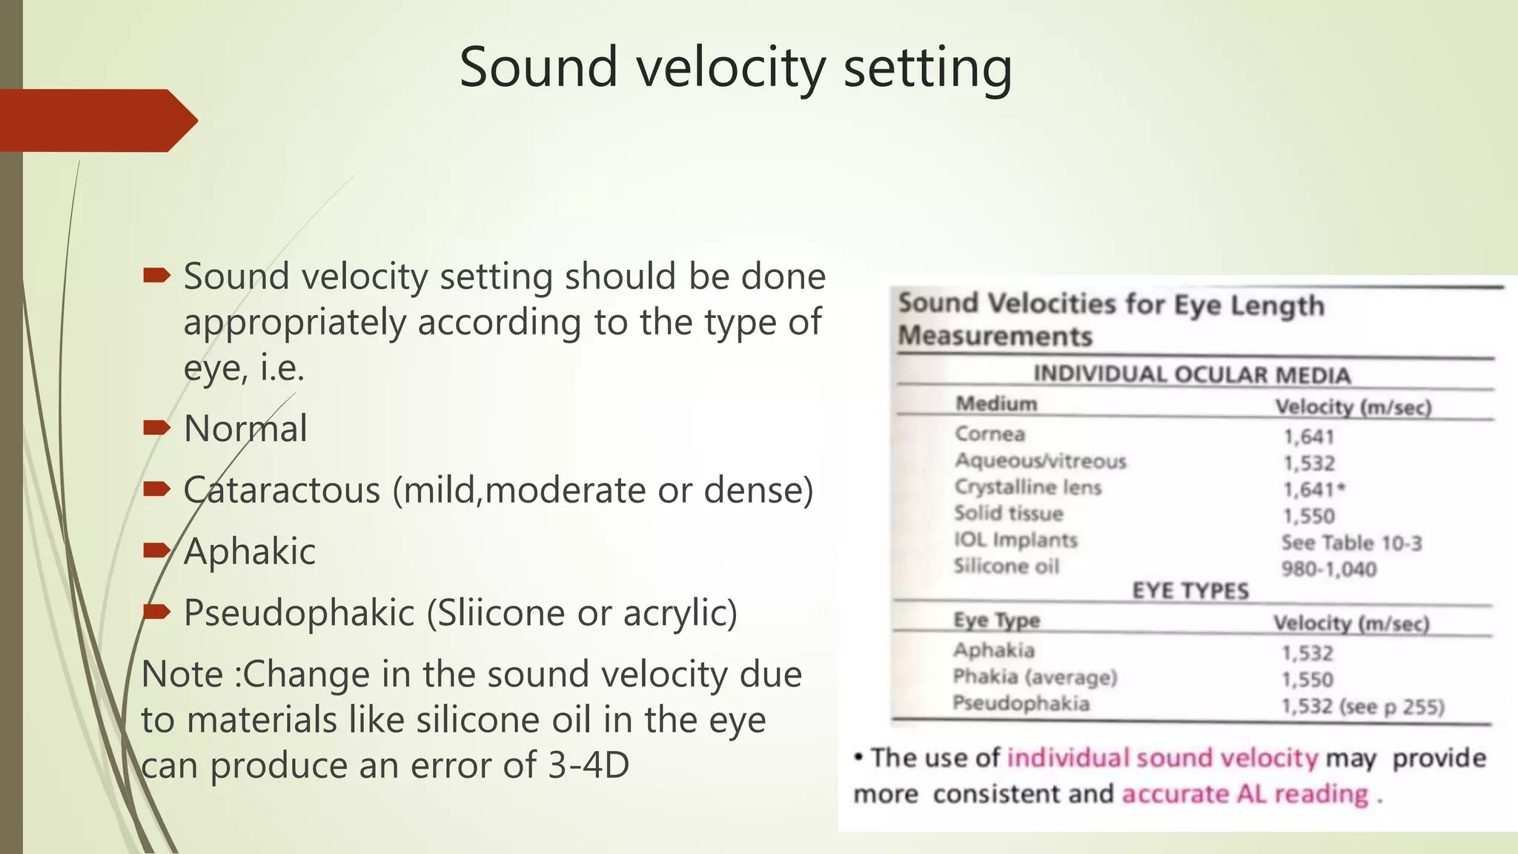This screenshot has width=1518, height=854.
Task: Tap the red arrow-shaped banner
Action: click(x=96, y=121)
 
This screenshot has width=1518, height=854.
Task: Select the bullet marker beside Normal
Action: click(x=156, y=428)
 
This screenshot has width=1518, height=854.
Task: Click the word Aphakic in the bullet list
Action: click(x=249, y=552)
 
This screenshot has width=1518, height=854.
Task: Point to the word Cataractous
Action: click(x=282, y=491)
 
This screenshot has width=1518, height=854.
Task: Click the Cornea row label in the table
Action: click(x=990, y=434)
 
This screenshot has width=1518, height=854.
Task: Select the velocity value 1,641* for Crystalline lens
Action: click(x=1313, y=490)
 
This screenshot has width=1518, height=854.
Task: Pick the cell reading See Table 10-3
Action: click(x=1351, y=543)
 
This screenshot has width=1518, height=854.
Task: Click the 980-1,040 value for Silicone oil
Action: click(x=1328, y=569)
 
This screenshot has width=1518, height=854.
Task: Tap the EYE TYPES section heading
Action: click(x=1190, y=591)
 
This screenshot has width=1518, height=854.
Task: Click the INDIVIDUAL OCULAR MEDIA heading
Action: click(x=1191, y=375)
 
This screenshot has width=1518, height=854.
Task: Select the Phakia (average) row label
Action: click(x=1034, y=677)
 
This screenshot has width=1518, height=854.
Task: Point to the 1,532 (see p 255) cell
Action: click(x=1362, y=706)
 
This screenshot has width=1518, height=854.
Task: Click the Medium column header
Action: click(x=995, y=404)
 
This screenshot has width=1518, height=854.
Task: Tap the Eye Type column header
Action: click(x=996, y=620)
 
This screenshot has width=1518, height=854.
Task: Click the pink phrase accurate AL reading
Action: click(x=1244, y=794)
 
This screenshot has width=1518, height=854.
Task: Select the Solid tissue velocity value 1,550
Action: click(x=1308, y=517)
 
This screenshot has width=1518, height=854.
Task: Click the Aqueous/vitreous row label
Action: click(x=1040, y=461)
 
